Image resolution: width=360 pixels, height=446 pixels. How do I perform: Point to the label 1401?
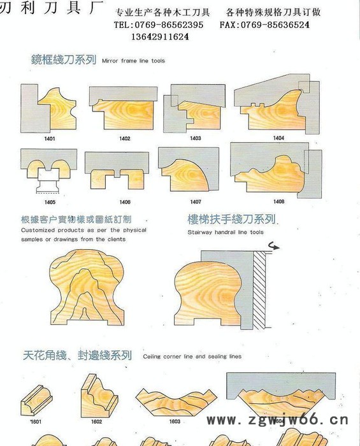pos(49,138)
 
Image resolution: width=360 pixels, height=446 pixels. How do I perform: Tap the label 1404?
pos(278,138)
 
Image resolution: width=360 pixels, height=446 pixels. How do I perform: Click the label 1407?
pos(195,202)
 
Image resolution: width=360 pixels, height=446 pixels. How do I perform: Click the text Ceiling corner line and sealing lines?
pos(192,357)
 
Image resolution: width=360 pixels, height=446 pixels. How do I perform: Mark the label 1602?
pos(96,422)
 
